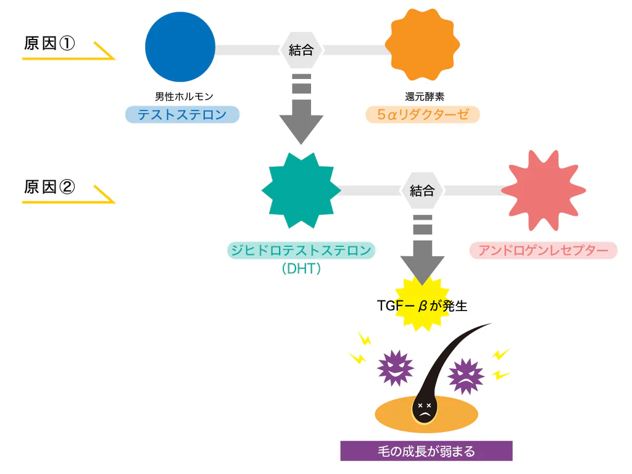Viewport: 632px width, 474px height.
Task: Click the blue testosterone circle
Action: [x=180, y=47]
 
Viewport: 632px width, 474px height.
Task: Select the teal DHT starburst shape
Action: [x=301, y=189]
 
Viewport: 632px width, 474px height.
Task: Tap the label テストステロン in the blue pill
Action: [x=182, y=115]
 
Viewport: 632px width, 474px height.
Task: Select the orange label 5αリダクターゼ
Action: [x=422, y=115]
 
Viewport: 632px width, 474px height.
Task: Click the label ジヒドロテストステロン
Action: [x=301, y=251]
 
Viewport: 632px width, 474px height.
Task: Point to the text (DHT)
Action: [x=301, y=269]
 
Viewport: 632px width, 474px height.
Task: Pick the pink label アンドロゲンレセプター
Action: [x=543, y=251]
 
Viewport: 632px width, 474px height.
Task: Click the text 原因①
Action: [x=49, y=44]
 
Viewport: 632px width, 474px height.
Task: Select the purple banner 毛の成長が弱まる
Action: [x=426, y=451]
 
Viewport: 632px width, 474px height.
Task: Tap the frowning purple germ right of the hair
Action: [x=465, y=376]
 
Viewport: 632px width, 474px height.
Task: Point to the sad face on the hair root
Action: [x=425, y=410]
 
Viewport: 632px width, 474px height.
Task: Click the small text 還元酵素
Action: [x=422, y=96]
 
